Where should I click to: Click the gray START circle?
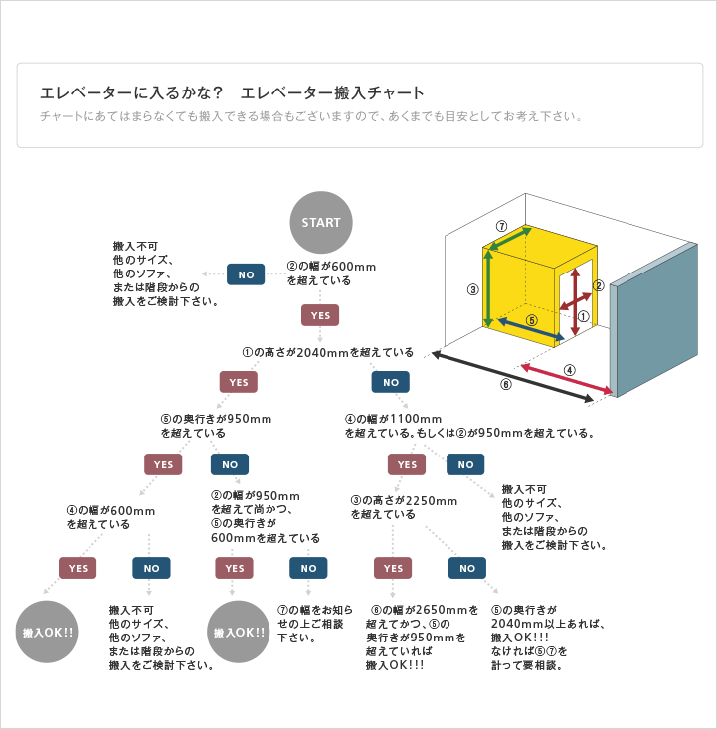[x=321, y=222]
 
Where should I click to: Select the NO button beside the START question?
[x=246, y=274]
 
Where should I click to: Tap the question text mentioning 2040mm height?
[x=328, y=352]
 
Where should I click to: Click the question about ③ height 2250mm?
[x=404, y=507]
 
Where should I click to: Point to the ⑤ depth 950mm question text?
[x=216, y=426]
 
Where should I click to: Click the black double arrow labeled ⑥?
[x=512, y=377]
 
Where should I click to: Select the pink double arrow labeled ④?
[x=567, y=379]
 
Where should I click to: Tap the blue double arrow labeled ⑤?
[x=531, y=329]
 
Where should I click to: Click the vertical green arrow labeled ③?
[x=488, y=289]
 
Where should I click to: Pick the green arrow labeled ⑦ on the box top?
[x=508, y=239]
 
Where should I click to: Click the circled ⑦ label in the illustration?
[x=501, y=226]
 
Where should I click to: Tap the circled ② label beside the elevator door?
[x=599, y=285]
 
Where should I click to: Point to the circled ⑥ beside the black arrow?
[x=506, y=384]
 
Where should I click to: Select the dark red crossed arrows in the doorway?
[x=575, y=301]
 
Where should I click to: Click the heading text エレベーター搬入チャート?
[x=332, y=92]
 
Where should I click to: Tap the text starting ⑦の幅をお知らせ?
[x=315, y=624]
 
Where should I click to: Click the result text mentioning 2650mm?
[x=422, y=638]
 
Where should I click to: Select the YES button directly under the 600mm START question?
[x=320, y=315]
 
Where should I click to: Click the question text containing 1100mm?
[x=469, y=426]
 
